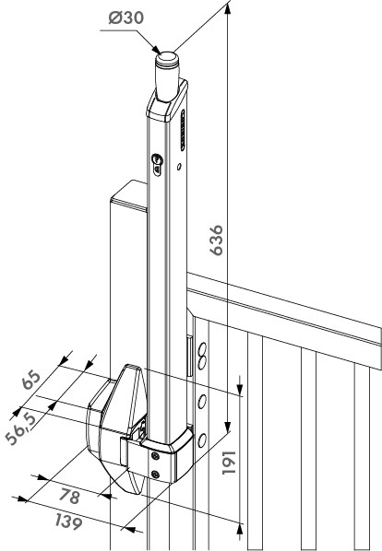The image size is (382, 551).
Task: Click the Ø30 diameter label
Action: tap(125, 18)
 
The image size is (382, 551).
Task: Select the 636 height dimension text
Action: tap(216, 240)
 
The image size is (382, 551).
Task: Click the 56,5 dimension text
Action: tap(21, 428)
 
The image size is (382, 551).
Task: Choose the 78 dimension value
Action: tap(69, 497)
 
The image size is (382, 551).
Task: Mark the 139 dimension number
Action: tap(69, 522)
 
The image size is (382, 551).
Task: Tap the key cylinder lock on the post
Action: tap(157, 164)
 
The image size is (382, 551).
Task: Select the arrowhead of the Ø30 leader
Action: tap(155, 50)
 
